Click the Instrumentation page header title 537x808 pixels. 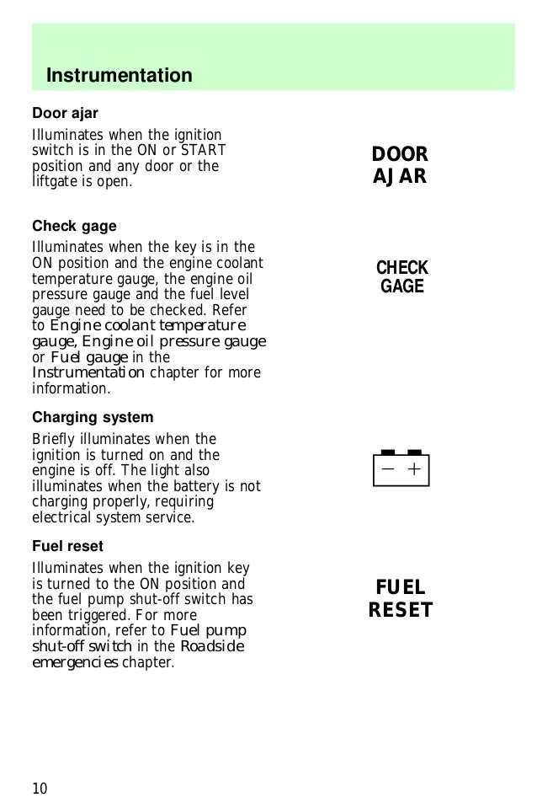119,76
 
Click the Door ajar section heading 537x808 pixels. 65,113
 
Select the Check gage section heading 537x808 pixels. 74,227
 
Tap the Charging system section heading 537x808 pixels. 93,417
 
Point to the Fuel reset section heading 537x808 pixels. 67,546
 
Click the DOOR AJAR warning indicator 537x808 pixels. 400,165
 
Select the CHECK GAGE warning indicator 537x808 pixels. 401,277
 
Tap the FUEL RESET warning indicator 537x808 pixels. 401,599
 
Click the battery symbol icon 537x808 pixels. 401,468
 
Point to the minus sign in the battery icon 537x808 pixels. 387,470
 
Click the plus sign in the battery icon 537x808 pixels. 413,470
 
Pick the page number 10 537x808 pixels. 40,788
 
